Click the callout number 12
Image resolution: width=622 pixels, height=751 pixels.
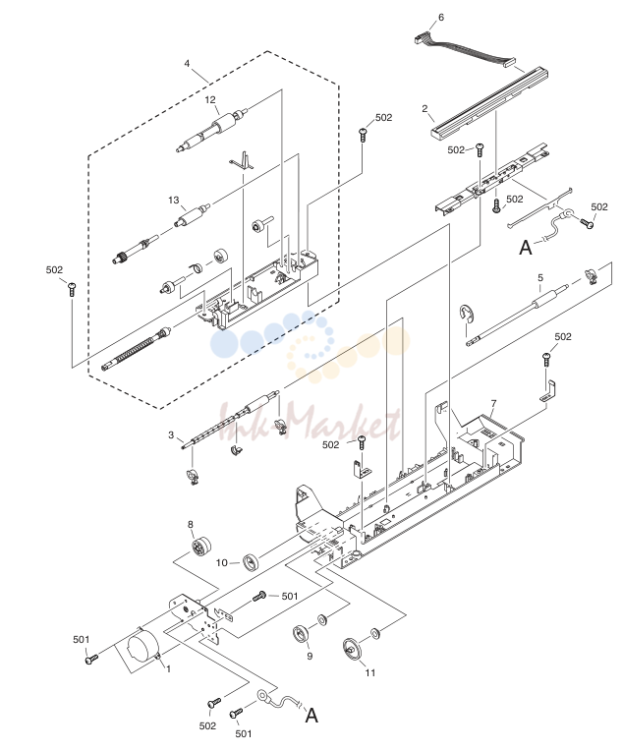[x=210, y=99]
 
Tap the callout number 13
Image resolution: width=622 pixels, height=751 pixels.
[x=173, y=200]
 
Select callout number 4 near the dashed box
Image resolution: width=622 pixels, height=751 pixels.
[x=187, y=63]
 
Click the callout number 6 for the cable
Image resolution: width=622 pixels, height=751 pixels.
[x=441, y=18]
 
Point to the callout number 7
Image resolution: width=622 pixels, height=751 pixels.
[x=493, y=404]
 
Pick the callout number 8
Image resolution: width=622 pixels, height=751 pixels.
[x=190, y=525]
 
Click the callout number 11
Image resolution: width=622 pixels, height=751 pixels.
[x=370, y=673]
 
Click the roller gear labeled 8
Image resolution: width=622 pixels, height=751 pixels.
[x=201, y=547]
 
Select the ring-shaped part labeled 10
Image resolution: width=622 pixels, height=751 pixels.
[x=251, y=562]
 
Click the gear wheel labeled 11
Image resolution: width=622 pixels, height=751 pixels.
[x=353, y=649]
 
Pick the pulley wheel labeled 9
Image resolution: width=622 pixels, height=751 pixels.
[x=302, y=635]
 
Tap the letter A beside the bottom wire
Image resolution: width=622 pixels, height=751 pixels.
[x=311, y=715]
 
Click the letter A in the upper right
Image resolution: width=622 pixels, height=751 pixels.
[x=526, y=247]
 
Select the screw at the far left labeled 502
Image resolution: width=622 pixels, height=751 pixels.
[x=72, y=289]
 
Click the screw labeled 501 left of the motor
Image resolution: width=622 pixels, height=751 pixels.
[x=90, y=660]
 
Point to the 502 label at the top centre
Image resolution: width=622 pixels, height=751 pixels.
[x=383, y=117]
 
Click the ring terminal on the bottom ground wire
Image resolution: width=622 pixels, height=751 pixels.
[x=263, y=695]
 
